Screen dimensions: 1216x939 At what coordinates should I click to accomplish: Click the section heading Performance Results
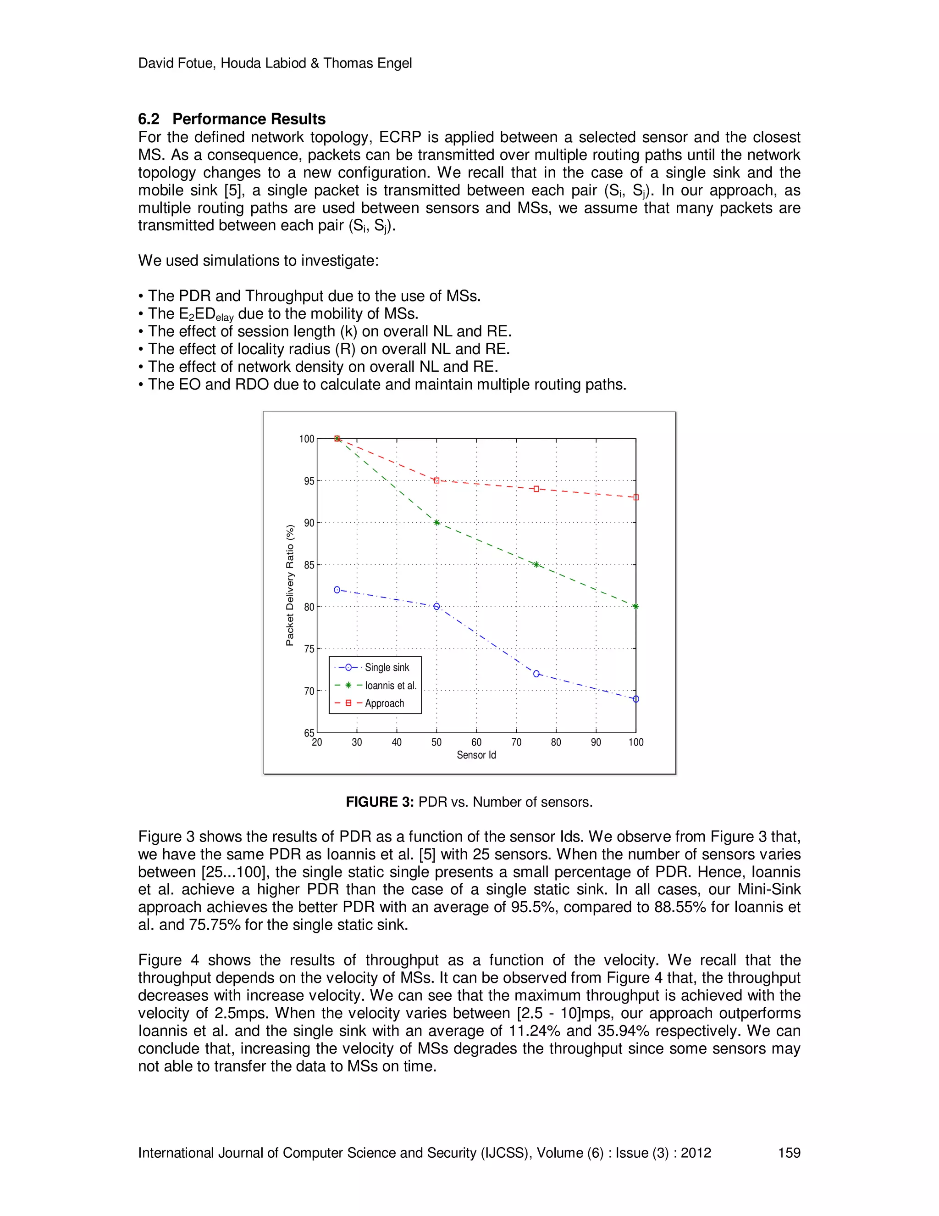pos(249,119)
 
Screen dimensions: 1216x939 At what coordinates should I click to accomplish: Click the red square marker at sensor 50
pos(436,480)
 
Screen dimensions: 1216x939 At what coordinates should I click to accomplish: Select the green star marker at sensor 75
pos(536,564)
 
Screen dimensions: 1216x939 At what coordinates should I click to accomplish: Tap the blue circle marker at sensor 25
pos(337,590)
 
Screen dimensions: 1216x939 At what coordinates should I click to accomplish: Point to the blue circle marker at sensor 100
pos(636,699)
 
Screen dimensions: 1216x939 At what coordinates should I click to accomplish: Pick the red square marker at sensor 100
pos(636,497)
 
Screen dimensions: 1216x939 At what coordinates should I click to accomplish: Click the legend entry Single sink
pos(387,668)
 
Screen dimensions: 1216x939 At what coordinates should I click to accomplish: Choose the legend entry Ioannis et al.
pos(391,686)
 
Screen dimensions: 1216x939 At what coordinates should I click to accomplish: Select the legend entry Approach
pos(384,703)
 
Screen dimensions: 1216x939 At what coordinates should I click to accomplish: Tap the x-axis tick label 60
pos(476,742)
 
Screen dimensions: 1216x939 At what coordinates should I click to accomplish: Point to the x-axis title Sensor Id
pos(476,755)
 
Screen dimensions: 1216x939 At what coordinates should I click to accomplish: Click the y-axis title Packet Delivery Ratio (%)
pos(289,585)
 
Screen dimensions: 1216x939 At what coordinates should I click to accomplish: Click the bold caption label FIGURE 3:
pos(380,802)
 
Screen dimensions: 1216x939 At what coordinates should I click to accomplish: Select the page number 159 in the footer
pos(789,1153)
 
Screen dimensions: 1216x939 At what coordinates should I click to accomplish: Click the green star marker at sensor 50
pos(436,523)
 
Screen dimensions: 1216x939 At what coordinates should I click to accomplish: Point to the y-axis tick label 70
pos(309,691)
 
